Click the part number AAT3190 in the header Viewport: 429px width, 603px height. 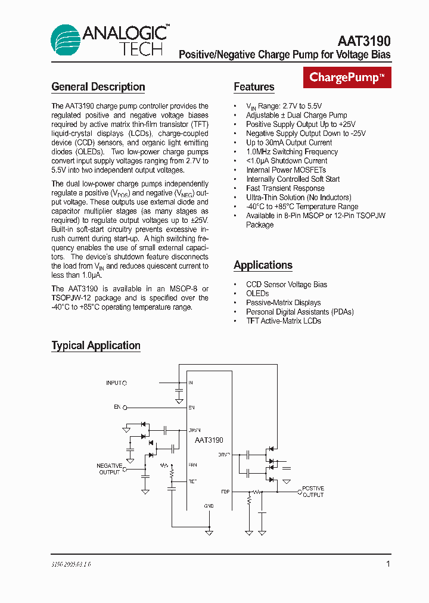(x=364, y=41)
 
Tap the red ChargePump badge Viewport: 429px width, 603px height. (x=347, y=77)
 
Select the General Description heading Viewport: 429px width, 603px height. (x=98, y=87)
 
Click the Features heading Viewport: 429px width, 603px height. (x=254, y=87)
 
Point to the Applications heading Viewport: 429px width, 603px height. (x=263, y=265)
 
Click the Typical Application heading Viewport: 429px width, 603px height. (x=96, y=346)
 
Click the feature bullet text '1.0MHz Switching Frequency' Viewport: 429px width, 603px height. (x=292, y=152)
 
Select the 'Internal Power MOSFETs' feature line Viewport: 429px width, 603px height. (x=286, y=170)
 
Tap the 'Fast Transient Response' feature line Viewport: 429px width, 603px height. (x=285, y=188)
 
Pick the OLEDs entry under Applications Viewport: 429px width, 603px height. (x=257, y=293)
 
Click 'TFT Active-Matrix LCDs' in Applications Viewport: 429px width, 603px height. (x=284, y=321)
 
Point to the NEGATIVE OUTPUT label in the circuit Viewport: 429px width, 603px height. (x=110, y=469)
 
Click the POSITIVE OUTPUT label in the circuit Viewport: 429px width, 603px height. (x=313, y=492)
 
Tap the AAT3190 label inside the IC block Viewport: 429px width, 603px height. (x=209, y=440)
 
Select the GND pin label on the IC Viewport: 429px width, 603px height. (x=209, y=506)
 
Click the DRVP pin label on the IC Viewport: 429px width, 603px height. (x=224, y=455)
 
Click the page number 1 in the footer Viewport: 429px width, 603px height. (x=388, y=564)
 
